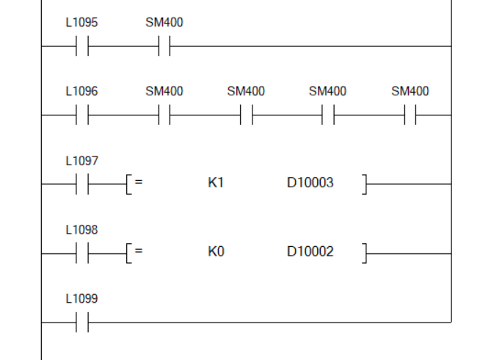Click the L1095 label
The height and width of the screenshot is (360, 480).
point(81,23)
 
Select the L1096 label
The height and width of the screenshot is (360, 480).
point(81,92)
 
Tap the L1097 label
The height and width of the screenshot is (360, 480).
point(81,160)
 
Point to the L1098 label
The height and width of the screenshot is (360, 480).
point(81,229)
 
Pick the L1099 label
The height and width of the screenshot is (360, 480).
point(81,298)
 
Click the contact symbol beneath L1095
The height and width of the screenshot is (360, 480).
point(81,46)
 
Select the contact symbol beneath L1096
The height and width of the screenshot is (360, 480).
point(81,115)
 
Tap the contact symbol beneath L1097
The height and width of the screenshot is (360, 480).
point(81,184)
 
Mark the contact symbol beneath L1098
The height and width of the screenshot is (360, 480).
point(81,253)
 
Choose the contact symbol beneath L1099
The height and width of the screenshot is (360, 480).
point(81,322)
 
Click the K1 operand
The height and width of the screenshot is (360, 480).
point(215,182)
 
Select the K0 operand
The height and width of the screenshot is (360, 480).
point(215,251)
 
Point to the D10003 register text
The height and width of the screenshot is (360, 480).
point(310,182)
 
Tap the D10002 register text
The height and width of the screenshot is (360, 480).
point(310,251)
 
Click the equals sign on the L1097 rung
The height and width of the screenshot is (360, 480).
point(138,182)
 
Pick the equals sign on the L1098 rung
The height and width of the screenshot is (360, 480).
point(138,251)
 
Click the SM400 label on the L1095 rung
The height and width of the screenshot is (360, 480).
point(164,23)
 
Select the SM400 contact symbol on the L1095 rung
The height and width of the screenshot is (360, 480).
point(164,46)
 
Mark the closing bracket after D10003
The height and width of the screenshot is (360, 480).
point(364,184)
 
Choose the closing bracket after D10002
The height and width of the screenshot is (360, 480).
point(364,253)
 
